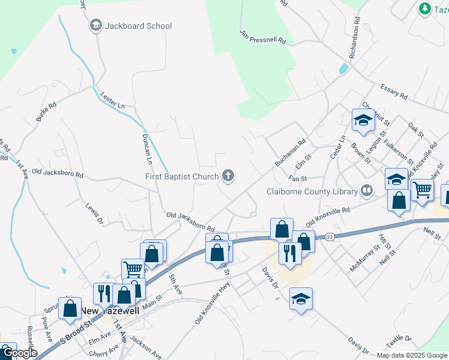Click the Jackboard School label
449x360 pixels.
point(138,26)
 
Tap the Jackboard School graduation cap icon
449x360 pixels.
point(95,25)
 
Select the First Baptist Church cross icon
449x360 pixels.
point(228,176)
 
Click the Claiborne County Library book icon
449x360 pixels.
point(366,191)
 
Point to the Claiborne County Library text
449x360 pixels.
point(312,192)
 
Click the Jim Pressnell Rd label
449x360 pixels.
point(263,37)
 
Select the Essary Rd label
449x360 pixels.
point(394,92)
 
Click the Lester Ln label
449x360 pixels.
point(113,101)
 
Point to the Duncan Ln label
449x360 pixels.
point(147,149)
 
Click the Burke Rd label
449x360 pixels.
point(46,112)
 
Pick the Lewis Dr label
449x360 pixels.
point(93,213)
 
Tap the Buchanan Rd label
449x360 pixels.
point(291,154)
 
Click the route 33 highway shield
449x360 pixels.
point(330,238)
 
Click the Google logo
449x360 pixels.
point(19,353)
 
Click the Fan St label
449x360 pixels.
point(297,178)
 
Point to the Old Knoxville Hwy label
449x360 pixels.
point(212,305)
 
